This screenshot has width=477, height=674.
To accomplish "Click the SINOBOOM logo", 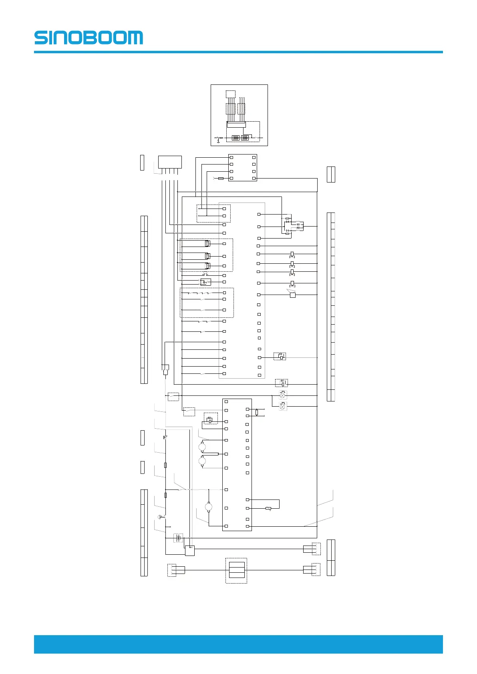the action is (89, 37).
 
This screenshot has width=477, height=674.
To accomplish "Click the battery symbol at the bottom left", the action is (178, 538).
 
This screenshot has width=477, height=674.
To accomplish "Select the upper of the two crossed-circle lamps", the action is (282, 395).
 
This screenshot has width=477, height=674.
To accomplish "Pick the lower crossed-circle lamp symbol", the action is (282, 406).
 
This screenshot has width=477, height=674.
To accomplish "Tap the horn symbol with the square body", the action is (292, 294).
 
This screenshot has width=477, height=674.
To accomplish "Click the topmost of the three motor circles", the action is (202, 447).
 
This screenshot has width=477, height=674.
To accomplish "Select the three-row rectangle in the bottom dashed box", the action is (237, 570).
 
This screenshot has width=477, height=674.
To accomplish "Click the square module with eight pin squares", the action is (242, 168).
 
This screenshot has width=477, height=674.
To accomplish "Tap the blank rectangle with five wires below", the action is (170, 162).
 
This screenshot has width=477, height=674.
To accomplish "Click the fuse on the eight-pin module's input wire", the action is (221, 179).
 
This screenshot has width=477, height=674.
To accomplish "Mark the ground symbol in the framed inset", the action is (218, 140).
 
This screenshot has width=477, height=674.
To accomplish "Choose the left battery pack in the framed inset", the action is (235, 138).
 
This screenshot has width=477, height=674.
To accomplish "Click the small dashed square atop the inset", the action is (231, 94).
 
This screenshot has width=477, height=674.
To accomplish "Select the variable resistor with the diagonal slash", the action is (268, 508).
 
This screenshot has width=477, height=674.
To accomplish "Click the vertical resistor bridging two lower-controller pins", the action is (257, 413).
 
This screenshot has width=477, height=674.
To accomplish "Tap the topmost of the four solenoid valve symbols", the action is (292, 255).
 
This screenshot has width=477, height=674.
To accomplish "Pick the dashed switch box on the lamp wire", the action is (173, 397).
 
